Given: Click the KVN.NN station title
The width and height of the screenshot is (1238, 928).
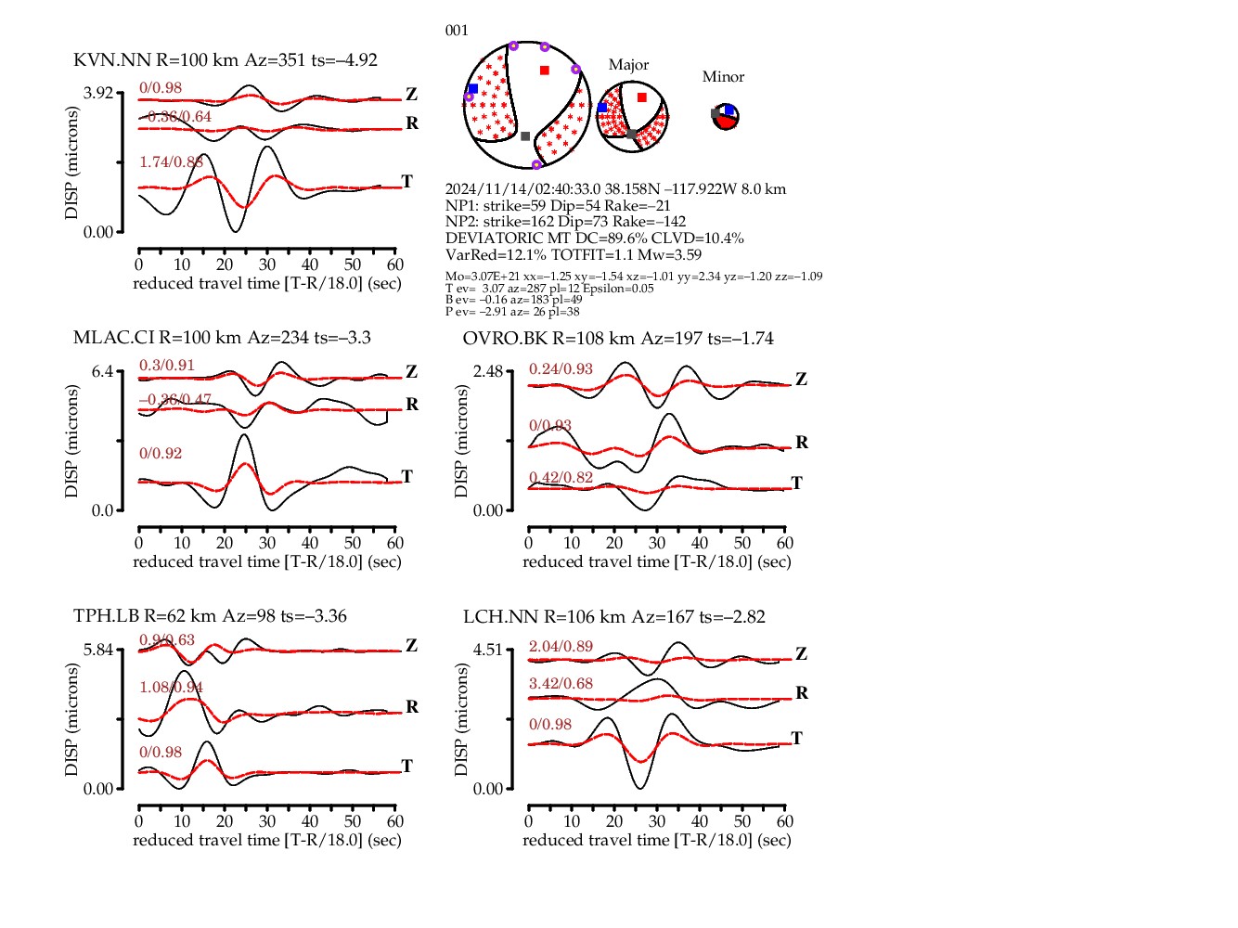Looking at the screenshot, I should tap(226, 60).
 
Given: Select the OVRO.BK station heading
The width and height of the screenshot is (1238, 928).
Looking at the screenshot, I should tap(618, 339).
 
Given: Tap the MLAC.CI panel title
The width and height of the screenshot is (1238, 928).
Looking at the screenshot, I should tap(222, 338).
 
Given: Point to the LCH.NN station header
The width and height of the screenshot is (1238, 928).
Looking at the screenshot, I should tap(614, 617).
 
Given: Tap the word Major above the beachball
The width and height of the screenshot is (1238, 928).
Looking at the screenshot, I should tap(628, 65).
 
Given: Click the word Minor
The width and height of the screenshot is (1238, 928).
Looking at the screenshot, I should tap(723, 77).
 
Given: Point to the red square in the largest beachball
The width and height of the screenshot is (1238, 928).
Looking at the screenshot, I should tap(545, 71).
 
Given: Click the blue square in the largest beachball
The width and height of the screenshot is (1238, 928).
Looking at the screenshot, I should tap(473, 89).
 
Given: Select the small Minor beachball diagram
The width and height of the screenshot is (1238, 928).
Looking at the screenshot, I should tap(726, 118).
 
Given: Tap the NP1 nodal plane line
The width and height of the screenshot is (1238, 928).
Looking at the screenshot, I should tap(558, 206).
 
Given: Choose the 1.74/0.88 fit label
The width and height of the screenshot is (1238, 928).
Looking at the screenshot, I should tap(171, 162).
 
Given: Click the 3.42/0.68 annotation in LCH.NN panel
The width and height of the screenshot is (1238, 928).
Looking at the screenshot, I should tap(561, 684).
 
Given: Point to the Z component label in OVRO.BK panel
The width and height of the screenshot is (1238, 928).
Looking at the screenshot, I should tap(801, 380).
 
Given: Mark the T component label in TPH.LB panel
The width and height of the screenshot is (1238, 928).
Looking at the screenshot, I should tap(406, 766).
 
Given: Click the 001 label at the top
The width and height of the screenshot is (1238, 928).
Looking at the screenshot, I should tap(457, 31).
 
